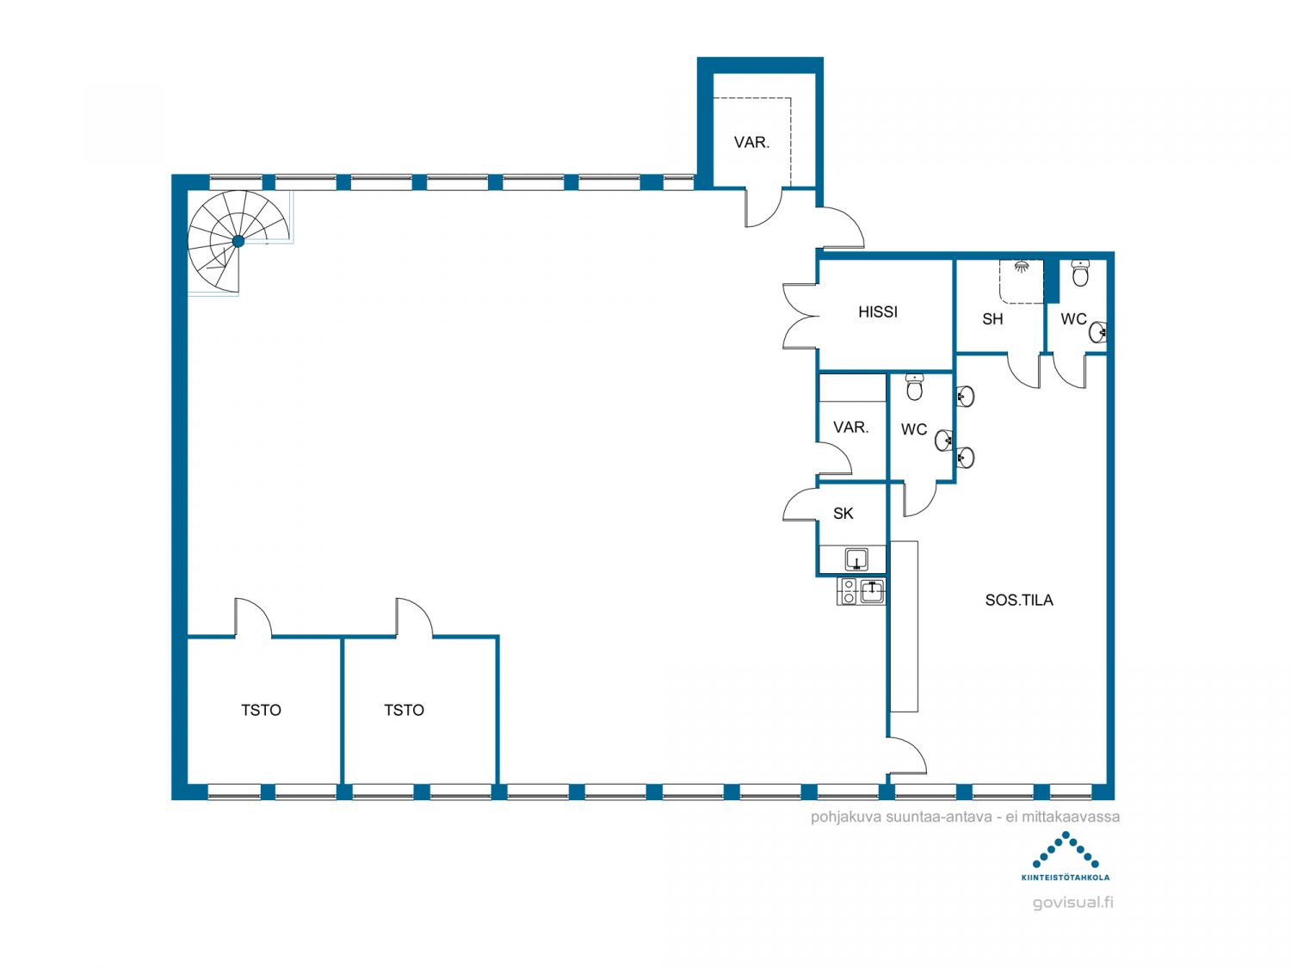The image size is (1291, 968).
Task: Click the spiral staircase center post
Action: (238, 241)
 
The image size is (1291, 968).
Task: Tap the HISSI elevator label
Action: (878, 312)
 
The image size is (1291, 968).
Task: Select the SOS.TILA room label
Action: (1019, 600)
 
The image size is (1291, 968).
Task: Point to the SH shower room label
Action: (992, 319)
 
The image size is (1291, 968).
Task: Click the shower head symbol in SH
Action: (1022, 266)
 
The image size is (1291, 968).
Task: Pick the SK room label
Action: (843, 514)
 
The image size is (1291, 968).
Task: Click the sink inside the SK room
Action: (856, 559)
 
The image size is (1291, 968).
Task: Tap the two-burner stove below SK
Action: (849, 591)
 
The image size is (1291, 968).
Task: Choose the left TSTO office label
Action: (261, 710)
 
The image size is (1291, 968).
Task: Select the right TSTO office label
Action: (404, 710)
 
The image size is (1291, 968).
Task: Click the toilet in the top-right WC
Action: (1080, 274)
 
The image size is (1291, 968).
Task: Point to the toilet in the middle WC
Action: (915, 386)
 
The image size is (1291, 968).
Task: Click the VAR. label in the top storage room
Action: (751, 142)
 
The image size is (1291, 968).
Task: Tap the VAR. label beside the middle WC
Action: (851, 428)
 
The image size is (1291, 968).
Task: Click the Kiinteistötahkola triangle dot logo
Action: (1066, 850)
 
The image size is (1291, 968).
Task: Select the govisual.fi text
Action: (1072, 903)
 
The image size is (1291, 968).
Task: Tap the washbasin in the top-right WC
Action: (1098, 332)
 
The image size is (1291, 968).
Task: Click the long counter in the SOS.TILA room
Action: (904, 626)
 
